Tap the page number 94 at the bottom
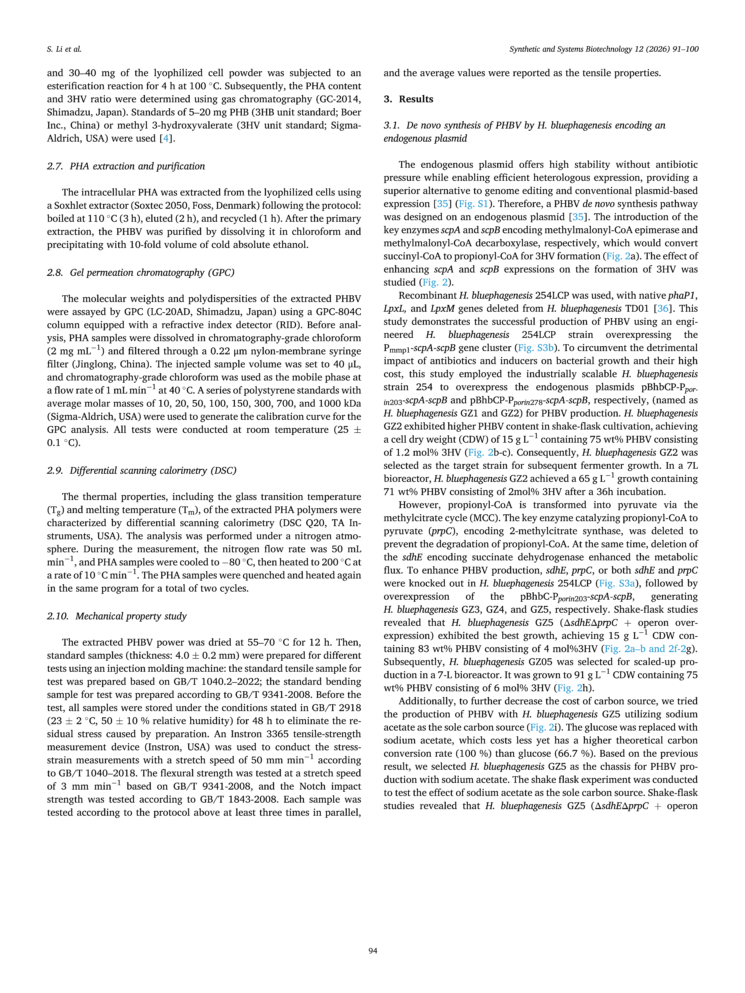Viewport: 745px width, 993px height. (372, 950)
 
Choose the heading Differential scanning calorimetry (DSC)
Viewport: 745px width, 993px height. (153, 471)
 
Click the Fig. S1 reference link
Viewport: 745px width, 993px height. (473, 204)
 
